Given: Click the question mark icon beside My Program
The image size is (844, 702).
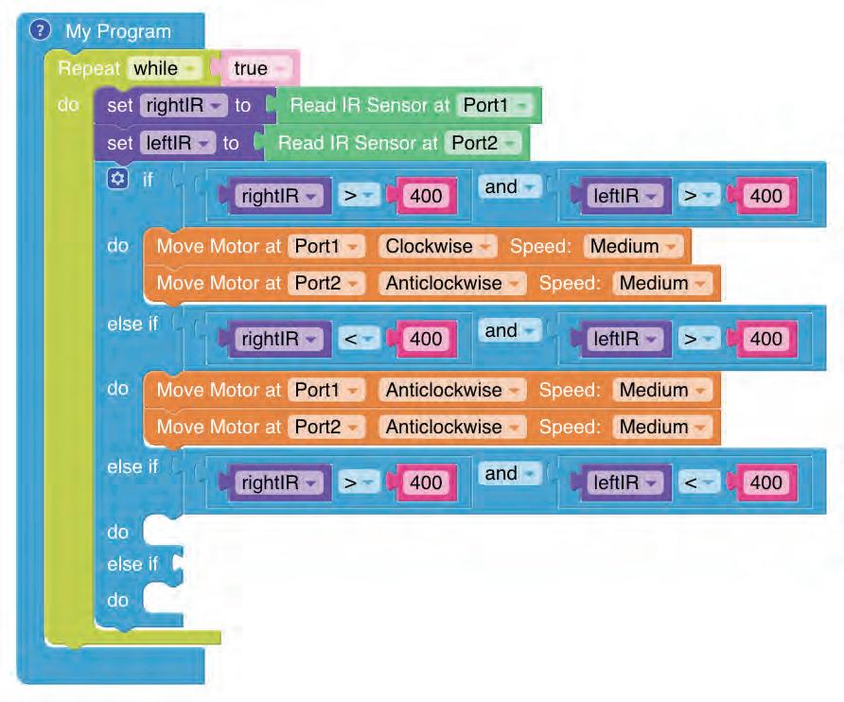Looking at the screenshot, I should pos(39,30).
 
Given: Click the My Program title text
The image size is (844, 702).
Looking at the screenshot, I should pos(118,31).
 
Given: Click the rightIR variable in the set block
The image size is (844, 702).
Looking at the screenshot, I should pos(180,105).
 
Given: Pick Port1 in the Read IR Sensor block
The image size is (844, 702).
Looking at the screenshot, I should pos(494,105).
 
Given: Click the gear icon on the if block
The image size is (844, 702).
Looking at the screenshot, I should pos(116,179).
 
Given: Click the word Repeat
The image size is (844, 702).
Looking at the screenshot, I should pos(89,68).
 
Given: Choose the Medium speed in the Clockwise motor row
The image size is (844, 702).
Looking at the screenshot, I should pos(632,246).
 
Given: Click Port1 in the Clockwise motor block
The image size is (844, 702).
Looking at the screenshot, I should pos(325,246).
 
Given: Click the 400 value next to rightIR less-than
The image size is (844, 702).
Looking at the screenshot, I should pos(426,339).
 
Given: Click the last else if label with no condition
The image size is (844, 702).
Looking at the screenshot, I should pos(132,565).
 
